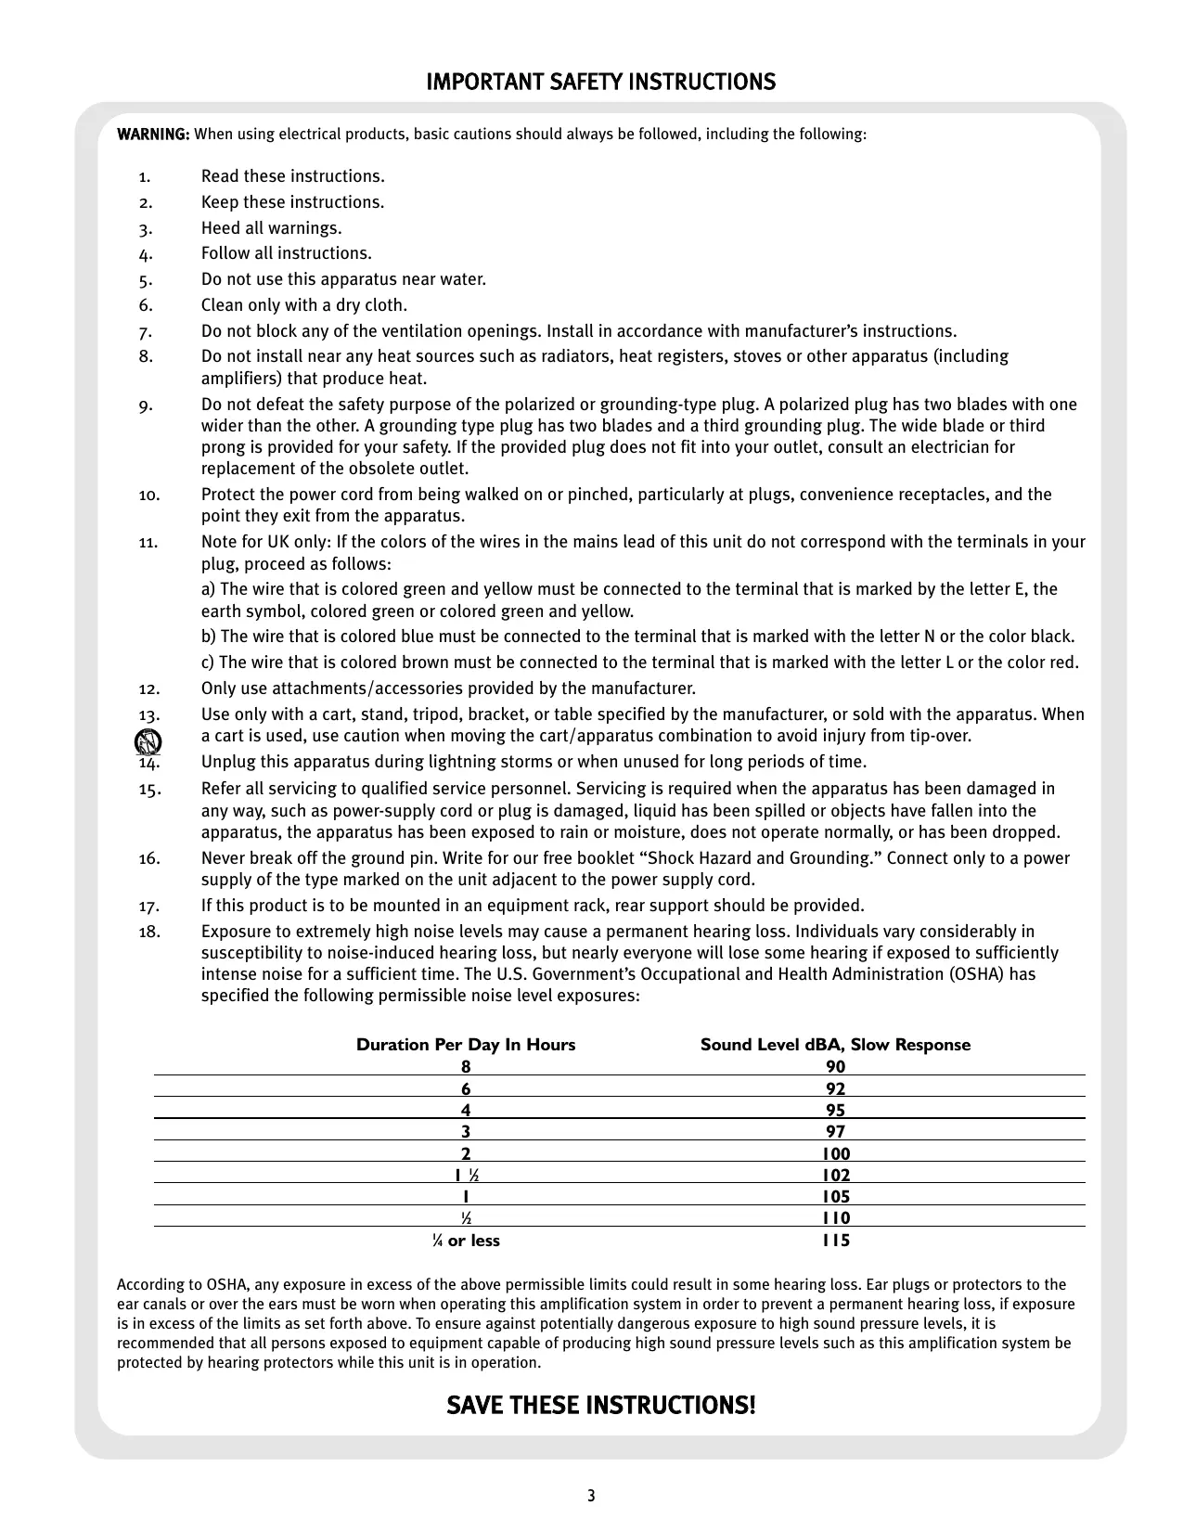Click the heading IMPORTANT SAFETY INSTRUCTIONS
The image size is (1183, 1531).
[600, 83]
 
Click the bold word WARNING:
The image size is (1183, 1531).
[153, 135]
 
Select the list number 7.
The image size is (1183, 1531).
[145, 332]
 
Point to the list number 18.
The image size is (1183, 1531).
[148, 932]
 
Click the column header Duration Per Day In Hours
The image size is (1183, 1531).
[466, 1045]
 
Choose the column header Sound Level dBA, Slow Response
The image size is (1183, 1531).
[835, 1045]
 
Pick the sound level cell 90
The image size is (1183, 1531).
[835, 1067]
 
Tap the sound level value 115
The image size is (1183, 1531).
[836, 1241]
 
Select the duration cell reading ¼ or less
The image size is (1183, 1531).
[465, 1241]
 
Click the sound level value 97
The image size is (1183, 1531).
[835, 1132]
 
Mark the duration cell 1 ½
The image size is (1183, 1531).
[466, 1176]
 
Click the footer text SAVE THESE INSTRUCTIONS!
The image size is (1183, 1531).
[601, 1406]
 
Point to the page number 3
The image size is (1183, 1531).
[591, 1496]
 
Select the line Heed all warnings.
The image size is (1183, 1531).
[271, 228]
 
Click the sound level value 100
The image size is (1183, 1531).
[836, 1154]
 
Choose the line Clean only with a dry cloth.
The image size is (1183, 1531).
[304, 305]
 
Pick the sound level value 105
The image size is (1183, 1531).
[836, 1197]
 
